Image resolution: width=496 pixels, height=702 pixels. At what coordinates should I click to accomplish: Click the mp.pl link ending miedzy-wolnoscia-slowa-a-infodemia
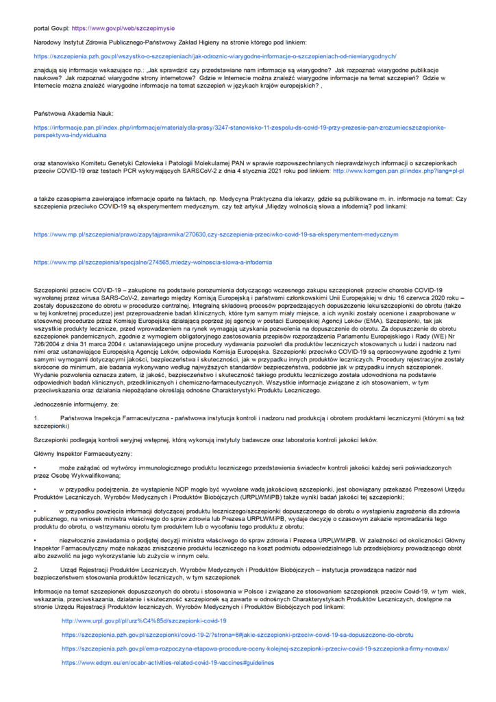143,262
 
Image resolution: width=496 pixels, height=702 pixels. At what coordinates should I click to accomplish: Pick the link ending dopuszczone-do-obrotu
237,634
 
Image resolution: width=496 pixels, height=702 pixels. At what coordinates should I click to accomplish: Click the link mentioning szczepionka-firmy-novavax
255,648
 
